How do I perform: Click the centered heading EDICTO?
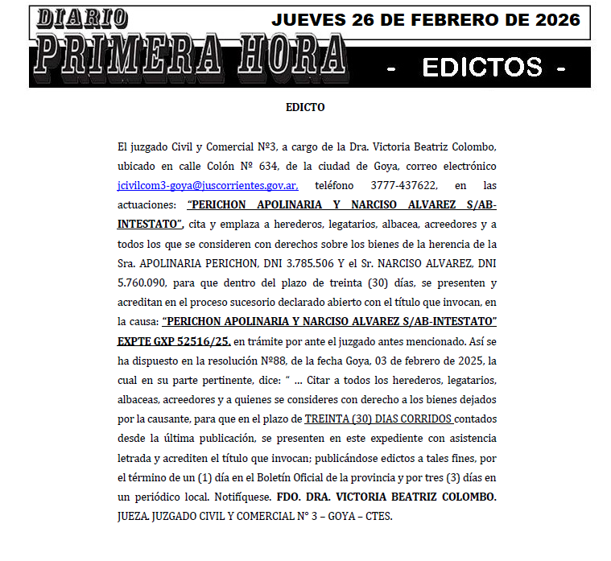click(305, 107)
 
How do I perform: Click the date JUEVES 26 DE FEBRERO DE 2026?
click(426, 20)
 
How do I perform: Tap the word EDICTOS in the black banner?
click(482, 67)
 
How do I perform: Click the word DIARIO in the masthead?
click(83, 17)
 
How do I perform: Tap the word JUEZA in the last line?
click(134, 516)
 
